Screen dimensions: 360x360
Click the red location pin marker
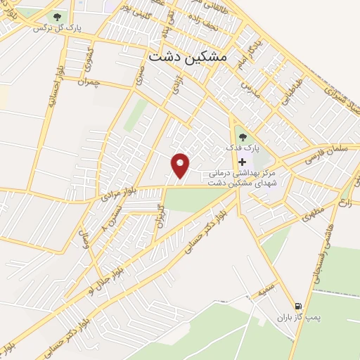181,166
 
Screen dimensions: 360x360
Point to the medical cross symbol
243,161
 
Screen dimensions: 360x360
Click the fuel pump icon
300,306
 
